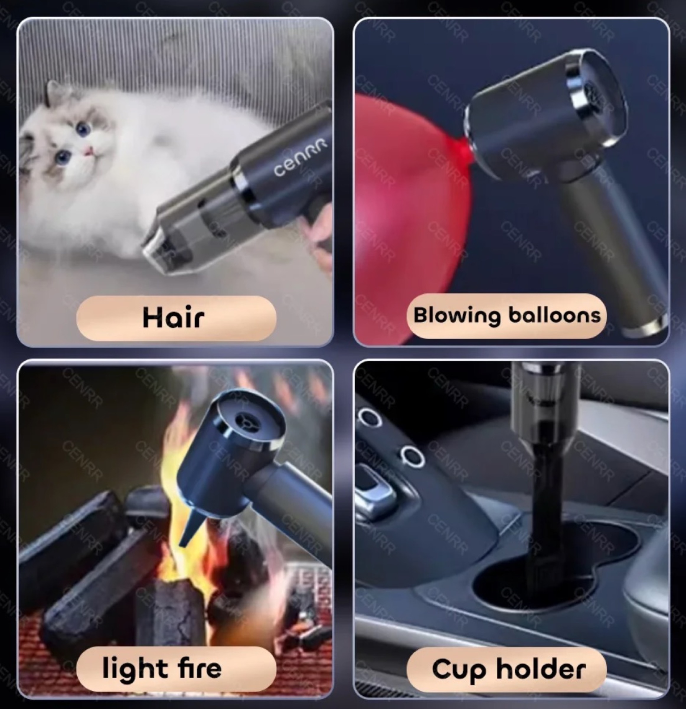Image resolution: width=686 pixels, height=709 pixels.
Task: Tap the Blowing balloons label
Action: [506, 316]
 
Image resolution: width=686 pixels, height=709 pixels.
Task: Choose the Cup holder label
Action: [506, 669]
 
